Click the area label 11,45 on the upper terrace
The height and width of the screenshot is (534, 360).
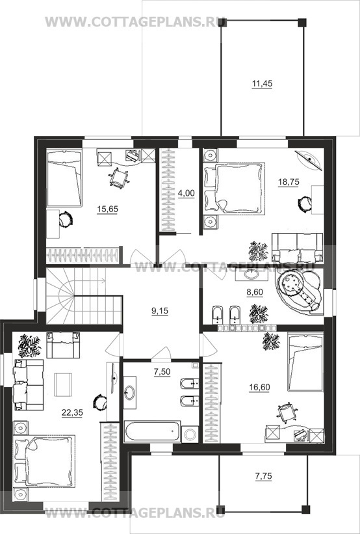(x=262, y=84)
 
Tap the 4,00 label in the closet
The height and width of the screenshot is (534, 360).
(x=186, y=193)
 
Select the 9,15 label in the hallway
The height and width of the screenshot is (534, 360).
(x=161, y=312)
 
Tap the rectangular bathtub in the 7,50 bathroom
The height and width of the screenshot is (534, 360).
(x=153, y=431)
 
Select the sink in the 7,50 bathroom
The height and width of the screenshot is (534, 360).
(x=130, y=393)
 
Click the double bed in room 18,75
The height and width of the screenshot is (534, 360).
(x=235, y=189)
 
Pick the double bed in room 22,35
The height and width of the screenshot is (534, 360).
(x=44, y=461)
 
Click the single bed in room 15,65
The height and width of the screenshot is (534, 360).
(x=64, y=178)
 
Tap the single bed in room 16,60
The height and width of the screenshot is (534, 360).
(x=305, y=363)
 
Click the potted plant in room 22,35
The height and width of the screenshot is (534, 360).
(x=30, y=345)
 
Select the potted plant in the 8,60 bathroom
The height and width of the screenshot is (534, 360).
(x=259, y=314)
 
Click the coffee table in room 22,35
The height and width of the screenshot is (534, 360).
(x=63, y=384)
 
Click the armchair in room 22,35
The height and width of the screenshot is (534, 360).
(x=63, y=345)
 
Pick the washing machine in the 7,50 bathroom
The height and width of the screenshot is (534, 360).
(x=190, y=434)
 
